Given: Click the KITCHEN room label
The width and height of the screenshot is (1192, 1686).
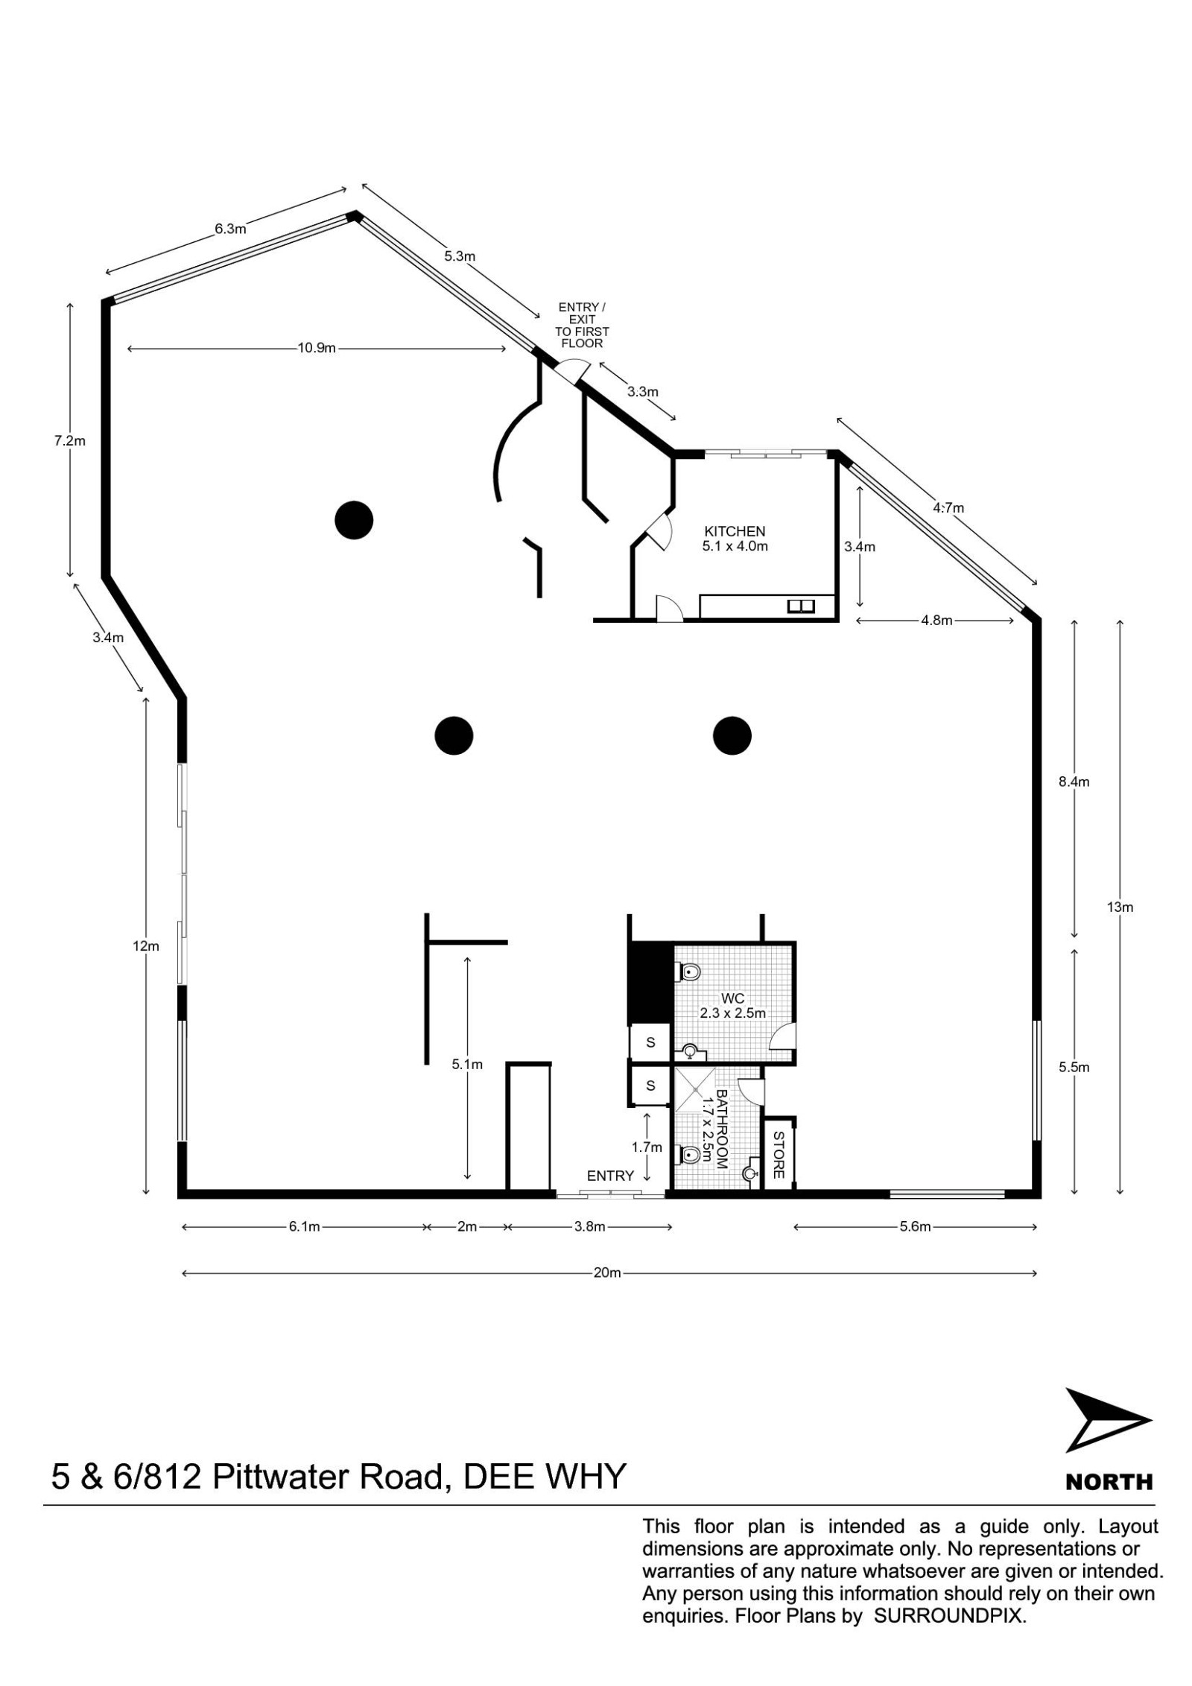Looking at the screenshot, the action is tap(735, 531).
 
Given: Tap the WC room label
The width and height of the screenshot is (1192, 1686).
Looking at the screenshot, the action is tap(732, 999).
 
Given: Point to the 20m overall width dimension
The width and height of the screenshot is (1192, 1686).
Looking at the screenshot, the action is tap(607, 1273).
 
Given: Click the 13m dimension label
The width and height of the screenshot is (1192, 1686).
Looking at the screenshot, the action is tap(1120, 907).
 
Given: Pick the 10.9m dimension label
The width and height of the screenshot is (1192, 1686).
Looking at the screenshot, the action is tap(317, 348).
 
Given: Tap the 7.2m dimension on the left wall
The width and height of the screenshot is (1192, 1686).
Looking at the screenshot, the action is tap(70, 440).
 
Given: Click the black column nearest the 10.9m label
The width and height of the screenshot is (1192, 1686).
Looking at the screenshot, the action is tap(353, 520).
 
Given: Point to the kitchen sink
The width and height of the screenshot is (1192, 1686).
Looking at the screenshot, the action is tap(801, 606).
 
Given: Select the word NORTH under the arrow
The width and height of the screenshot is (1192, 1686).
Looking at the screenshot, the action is tap(1109, 1482).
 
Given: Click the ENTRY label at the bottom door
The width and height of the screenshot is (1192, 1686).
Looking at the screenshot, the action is tap(610, 1176).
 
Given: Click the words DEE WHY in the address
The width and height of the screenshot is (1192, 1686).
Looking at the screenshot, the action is tap(544, 1476).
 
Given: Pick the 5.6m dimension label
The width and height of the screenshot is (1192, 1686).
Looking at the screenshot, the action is tap(916, 1226).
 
